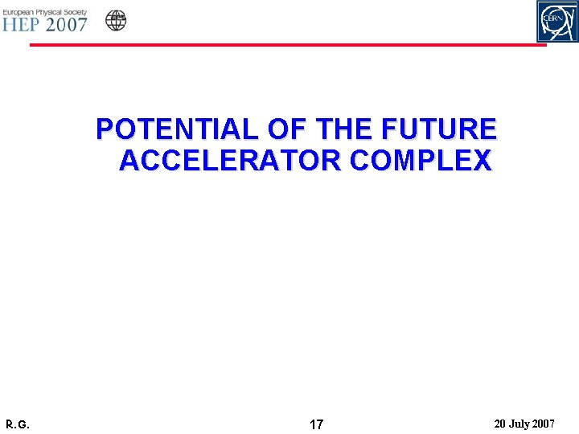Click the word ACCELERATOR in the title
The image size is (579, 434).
coord(230,161)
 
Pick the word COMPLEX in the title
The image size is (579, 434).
coord(421,161)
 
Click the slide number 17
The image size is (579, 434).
coord(317,424)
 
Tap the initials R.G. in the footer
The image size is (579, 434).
coord(18,424)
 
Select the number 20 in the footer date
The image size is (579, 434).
coord(501,424)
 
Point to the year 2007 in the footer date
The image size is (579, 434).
coord(544,424)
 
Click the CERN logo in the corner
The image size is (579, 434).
coord(557,21)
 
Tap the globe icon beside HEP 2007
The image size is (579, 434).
coord(116,20)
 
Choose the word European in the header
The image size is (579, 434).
coord(18,8)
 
